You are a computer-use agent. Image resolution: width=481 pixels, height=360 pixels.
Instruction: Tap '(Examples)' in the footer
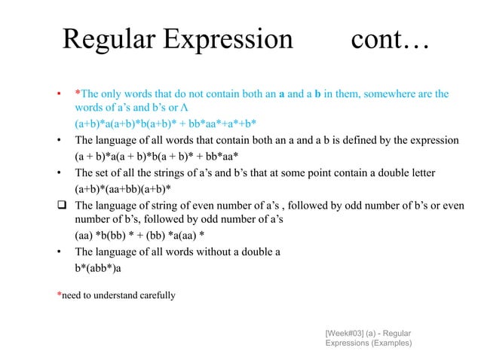(389, 343)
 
